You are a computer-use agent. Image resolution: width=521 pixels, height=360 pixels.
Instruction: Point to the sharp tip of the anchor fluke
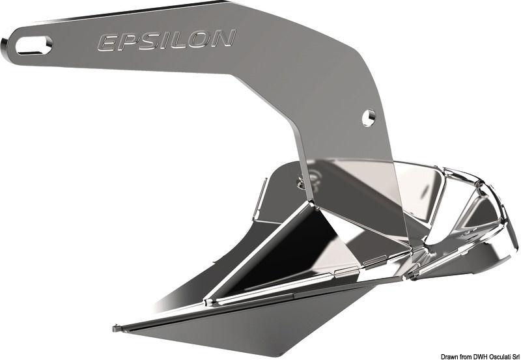115,327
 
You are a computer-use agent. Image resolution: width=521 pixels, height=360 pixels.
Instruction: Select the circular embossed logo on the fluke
311,177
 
